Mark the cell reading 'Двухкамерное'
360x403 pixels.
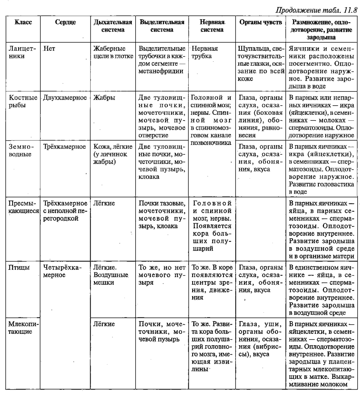pos(64,98)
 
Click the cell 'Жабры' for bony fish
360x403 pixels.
pos(102,98)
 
